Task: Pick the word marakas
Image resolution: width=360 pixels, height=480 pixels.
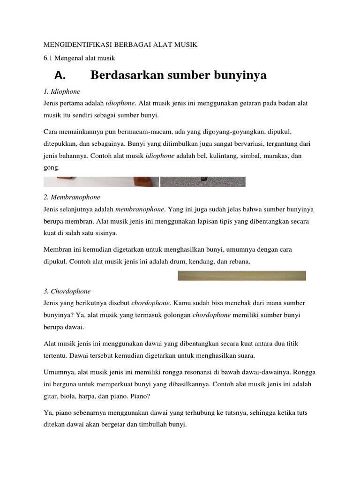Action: click(x=278, y=156)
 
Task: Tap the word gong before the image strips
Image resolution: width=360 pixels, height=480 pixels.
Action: click(x=51, y=167)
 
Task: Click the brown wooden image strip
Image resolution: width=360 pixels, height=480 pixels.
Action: click(x=101, y=181)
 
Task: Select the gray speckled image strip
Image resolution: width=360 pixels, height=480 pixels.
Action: click(x=202, y=181)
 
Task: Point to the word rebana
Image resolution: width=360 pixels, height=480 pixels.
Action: click(x=240, y=262)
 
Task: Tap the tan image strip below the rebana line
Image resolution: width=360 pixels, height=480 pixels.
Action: click(x=242, y=276)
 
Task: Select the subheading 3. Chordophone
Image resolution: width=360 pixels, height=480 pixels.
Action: click(x=67, y=291)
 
